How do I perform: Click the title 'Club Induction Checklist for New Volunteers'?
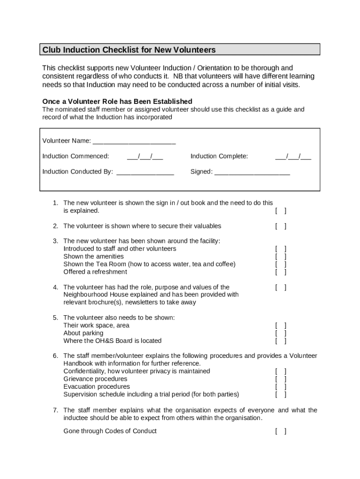pyautogui.click(x=129, y=50)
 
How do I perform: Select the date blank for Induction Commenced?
pyautogui.click(x=144, y=156)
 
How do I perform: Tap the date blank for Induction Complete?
pyautogui.click(x=293, y=156)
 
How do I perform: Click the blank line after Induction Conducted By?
pyautogui.click(x=145, y=172)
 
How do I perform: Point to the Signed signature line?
pyautogui.click(x=252, y=172)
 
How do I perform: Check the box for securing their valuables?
pyautogui.click(x=281, y=226)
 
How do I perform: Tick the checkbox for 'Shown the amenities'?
pyautogui.click(x=281, y=257)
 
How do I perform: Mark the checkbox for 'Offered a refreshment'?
pyautogui.click(x=281, y=272)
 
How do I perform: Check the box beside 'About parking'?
pyautogui.click(x=281, y=334)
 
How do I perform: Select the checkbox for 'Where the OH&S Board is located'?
pyautogui.click(x=281, y=341)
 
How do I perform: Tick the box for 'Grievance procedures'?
pyautogui.click(x=281, y=379)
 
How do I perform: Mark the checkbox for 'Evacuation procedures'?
pyautogui.click(x=281, y=387)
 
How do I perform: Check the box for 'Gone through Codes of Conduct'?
pyautogui.click(x=281, y=431)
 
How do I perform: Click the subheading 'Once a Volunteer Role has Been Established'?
pyautogui.click(x=117, y=102)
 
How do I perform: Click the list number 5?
pyautogui.click(x=55, y=318)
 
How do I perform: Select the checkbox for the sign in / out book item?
pyautogui.click(x=281, y=211)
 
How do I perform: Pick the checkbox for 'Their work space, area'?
pyautogui.click(x=281, y=326)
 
